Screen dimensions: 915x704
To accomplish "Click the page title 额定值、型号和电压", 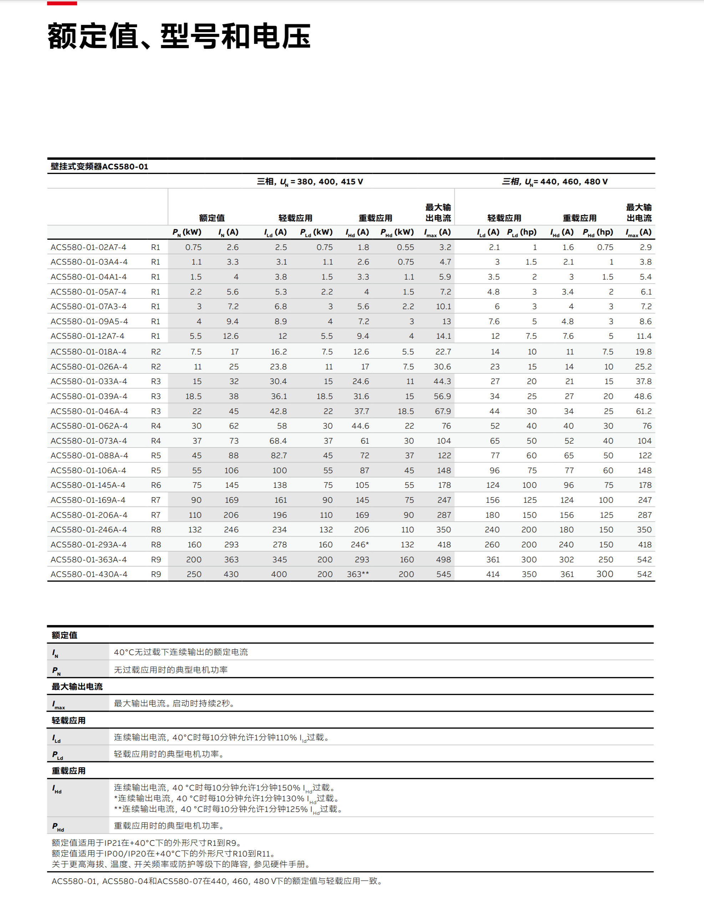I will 179,36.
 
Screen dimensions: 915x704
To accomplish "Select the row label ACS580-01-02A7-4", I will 88,247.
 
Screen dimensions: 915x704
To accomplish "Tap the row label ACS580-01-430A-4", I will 89,574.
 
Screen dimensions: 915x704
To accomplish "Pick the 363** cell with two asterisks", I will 358,574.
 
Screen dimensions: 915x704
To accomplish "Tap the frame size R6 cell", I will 155,485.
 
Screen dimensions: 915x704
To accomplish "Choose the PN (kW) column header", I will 187,232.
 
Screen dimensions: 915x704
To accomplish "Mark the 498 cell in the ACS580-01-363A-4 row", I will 443,559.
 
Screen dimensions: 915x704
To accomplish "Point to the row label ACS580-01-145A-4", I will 89,485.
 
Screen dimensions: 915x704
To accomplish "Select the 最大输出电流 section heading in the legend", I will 77,687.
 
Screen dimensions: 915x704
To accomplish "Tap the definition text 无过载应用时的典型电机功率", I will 170,670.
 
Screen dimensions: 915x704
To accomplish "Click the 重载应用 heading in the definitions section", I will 69,771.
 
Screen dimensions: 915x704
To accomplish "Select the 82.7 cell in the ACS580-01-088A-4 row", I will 279,455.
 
